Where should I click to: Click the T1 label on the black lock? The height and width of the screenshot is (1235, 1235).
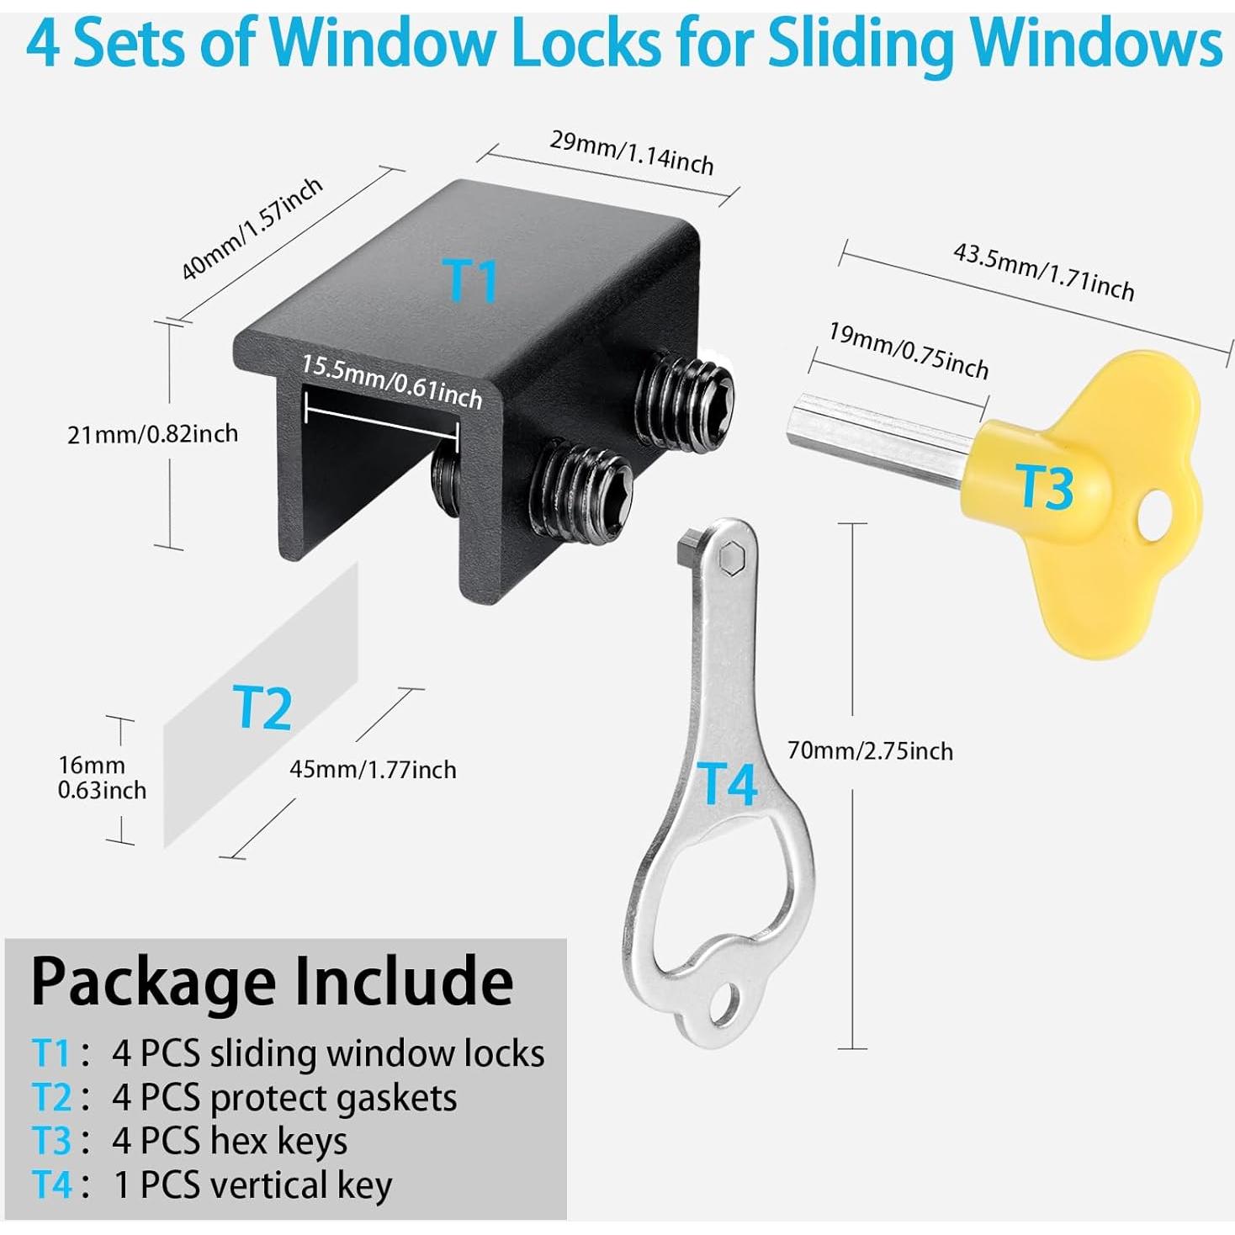[470, 280]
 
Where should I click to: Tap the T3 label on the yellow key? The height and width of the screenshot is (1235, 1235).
[1045, 487]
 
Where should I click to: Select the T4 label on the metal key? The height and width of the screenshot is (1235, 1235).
[728, 784]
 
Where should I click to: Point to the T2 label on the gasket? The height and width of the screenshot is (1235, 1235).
[262, 708]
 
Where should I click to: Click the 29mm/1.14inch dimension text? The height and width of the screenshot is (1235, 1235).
[632, 152]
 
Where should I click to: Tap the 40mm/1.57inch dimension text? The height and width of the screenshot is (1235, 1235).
[252, 228]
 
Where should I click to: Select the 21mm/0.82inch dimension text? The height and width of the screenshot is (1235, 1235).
[152, 434]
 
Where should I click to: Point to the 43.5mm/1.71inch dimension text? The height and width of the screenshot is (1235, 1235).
[1043, 271]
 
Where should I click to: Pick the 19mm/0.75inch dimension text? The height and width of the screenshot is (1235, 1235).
[909, 350]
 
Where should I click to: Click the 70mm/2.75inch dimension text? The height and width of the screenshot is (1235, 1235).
[870, 750]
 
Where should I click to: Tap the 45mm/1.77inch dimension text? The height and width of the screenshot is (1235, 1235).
[373, 770]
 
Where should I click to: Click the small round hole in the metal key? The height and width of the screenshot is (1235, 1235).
[724, 1004]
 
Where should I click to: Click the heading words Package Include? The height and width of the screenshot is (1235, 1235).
[272, 981]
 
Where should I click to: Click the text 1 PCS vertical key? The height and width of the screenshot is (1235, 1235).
[252, 1185]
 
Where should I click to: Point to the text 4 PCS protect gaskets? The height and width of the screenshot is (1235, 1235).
[284, 1097]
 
